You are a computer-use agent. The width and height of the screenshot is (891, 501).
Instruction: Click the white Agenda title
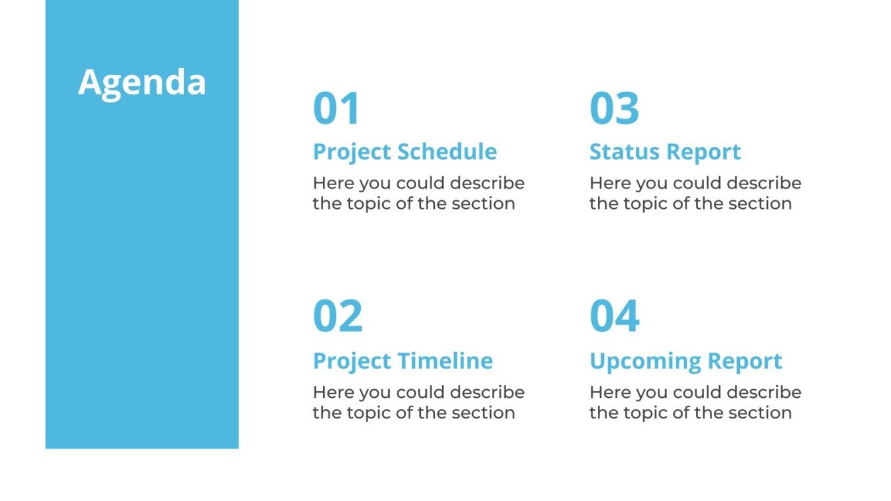[x=142, y=84]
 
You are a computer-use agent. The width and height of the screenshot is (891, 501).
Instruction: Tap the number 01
[x=336, y=108]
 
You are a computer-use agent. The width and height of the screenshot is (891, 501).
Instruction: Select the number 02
[x=338, y=316]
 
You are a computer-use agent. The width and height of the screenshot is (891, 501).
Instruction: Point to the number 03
[x=614, y=108]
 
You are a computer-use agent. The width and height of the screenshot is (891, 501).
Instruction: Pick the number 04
[x=615, y=316]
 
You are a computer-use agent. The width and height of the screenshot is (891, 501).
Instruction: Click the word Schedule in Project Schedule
[x=447, y=152]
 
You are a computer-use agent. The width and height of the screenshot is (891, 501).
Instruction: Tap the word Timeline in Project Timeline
[x=445, y=361]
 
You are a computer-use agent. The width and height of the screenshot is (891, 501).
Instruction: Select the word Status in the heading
[x=625, y=152]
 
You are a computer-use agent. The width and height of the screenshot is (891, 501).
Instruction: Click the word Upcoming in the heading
[x=645, y=361]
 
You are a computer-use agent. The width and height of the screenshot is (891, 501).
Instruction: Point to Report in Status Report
[x=704, y=152]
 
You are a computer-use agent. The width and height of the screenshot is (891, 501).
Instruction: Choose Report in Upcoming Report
[x=745, y=361]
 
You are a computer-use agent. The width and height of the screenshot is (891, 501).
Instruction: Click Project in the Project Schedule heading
[x=352, y=152]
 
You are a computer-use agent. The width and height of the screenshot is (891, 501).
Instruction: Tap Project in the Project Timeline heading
[x=352, y=361]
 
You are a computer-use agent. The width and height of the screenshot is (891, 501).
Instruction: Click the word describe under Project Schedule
[x=487, y=183]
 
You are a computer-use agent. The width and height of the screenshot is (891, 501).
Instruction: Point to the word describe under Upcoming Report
[x=764, y=392]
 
